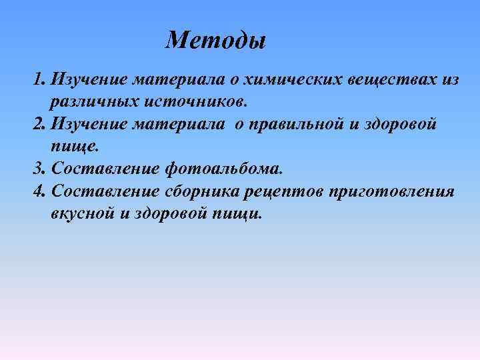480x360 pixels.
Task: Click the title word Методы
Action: tap(216, 41)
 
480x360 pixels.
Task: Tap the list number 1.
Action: tap(38, 81)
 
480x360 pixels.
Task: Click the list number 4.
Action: tap(38, 192)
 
